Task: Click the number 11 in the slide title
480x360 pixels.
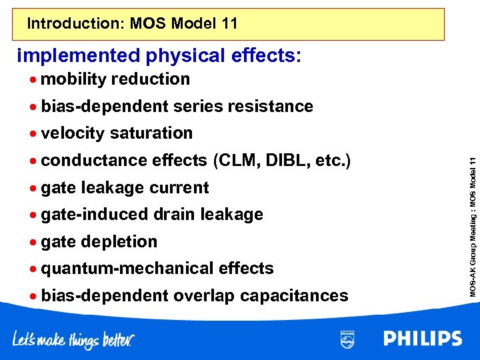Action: (228, 25)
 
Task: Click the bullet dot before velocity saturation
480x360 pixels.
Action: (33, 133)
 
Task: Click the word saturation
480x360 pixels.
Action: (151, 133)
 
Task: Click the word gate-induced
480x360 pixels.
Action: (95, 215)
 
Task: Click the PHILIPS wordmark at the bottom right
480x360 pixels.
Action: (423, 339)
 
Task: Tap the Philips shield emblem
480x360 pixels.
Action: (347, 339)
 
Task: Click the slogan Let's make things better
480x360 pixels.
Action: (73, 340)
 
